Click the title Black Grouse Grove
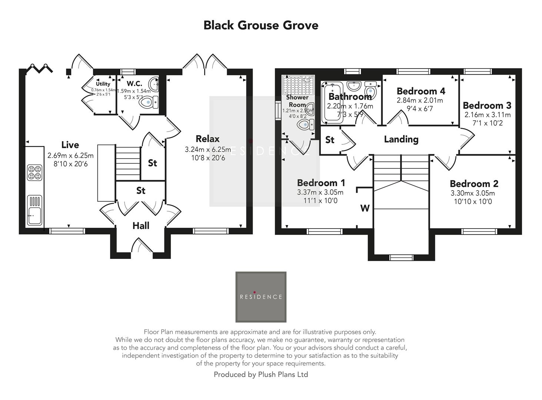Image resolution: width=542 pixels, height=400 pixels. [x=261, y=25]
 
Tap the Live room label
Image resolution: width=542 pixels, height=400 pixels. [x=70, y=145]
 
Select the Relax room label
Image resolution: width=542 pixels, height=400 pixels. [x=207, y=139]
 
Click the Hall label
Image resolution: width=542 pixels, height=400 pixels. [x=141, y=226]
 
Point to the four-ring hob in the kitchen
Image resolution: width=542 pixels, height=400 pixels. [x=34, y=173]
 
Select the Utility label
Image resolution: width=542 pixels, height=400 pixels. [x=103, y=84]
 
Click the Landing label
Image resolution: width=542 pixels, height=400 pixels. [x=401, y=139]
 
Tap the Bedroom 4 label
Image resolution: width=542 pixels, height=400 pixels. [x=421, y=91]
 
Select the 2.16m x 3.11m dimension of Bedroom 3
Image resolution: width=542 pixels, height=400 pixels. [x=488, y=115]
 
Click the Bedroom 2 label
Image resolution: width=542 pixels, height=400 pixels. [x=474, y=184]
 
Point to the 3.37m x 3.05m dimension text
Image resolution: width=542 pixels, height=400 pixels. [x=320, y=192]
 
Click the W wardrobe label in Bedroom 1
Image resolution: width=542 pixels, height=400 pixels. [x=365, y=208]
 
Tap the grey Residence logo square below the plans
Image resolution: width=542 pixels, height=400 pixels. [x=261, y=297]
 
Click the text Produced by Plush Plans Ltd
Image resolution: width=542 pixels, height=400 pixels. [x=261, y=374]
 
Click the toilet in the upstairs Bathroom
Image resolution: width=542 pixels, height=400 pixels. [x=371, y=89]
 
